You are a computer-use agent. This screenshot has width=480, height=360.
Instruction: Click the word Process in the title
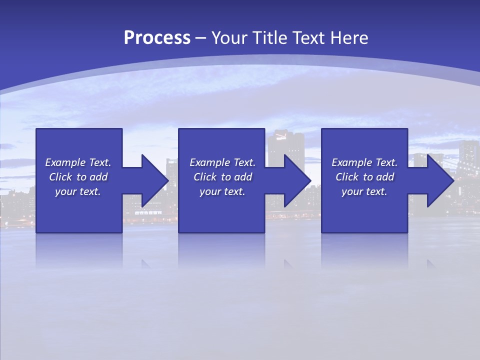coord(157,38)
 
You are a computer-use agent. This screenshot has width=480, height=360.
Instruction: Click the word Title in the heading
coord(270,38)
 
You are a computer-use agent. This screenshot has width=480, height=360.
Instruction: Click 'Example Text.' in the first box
coord(78,162)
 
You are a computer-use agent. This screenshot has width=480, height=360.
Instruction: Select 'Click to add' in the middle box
coord(222,177)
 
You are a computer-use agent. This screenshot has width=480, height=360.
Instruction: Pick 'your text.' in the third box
coord(364,191)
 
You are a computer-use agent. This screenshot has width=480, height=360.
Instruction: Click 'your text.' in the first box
coord(78,191)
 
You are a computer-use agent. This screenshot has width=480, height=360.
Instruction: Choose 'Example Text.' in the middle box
coord(222,162)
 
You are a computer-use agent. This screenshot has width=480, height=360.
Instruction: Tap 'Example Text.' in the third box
coord(364,162)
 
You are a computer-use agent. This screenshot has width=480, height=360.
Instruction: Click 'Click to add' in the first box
coord(78,177)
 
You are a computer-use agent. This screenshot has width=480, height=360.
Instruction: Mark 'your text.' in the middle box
coord(222,191)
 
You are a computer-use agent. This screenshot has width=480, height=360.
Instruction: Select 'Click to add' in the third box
coord(364,177)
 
